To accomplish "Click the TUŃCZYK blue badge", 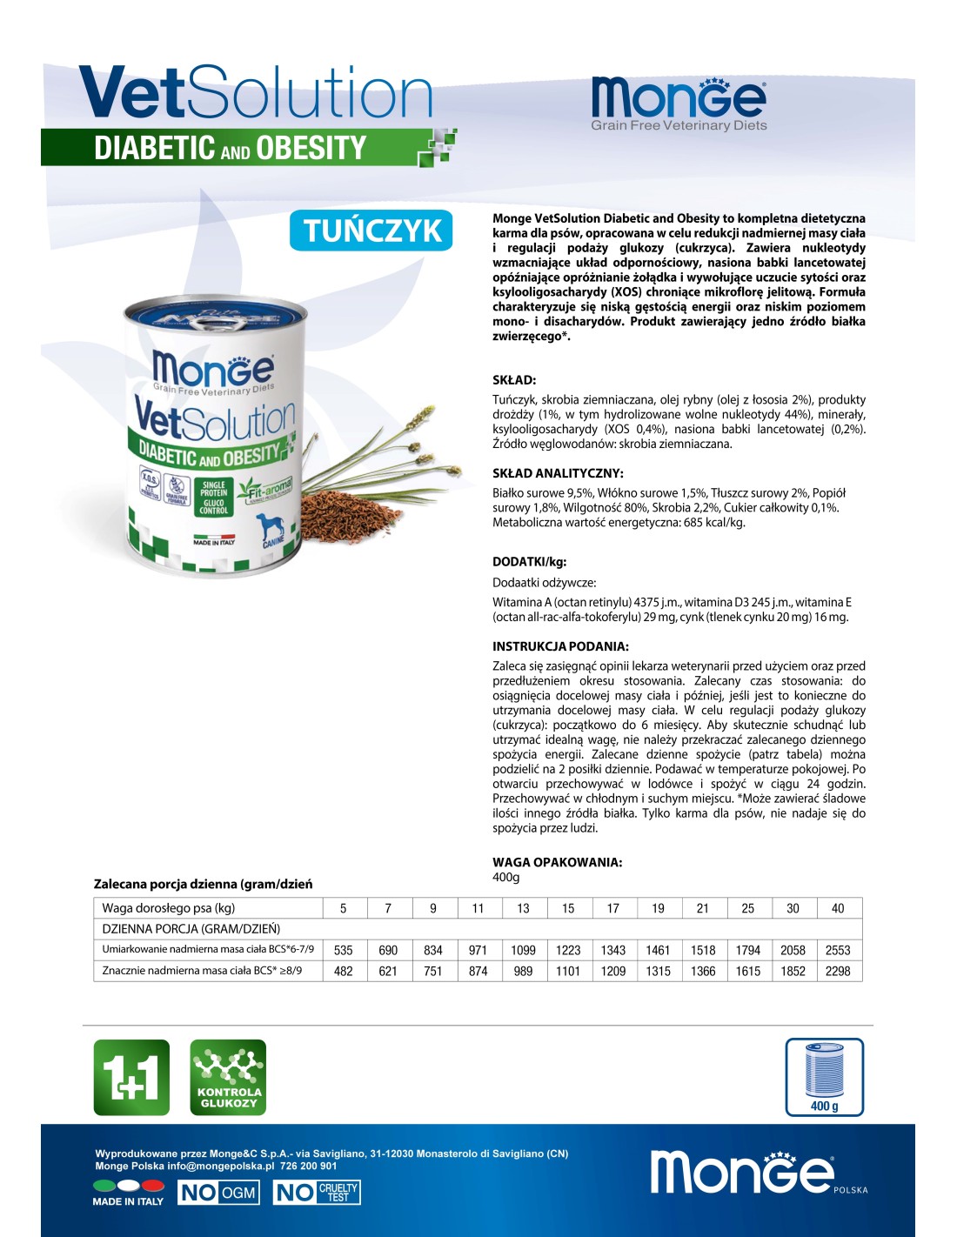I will click(x=371, y=231).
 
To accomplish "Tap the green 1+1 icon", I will click(x=131, y=1077).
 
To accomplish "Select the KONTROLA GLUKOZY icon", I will click(x=228, y=1077).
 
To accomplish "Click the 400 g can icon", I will click(x=824, y=1076).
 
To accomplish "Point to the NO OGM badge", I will click(x=218, y=1193).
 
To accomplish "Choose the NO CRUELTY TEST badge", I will click(x=317, y=1193).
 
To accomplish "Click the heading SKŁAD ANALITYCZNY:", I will click(x=558, y=473).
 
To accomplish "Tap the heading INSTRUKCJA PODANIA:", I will click(x=560, y=646).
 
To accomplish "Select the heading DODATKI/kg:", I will click(x=529, y=562).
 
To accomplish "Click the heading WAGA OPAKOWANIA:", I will click(x=557, y=862).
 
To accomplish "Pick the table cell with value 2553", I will click(x=838, y=950).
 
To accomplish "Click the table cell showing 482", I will click(x=344, y=971).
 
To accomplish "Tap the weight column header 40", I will click(x=838, y=908).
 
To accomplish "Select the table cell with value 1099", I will click(x=523, y=950).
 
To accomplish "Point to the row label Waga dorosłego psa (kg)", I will click(x=169, y=908).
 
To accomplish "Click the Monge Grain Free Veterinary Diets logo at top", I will click(x=679, y=104).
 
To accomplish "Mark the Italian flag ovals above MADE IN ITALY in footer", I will click(x=129, y=1185).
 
